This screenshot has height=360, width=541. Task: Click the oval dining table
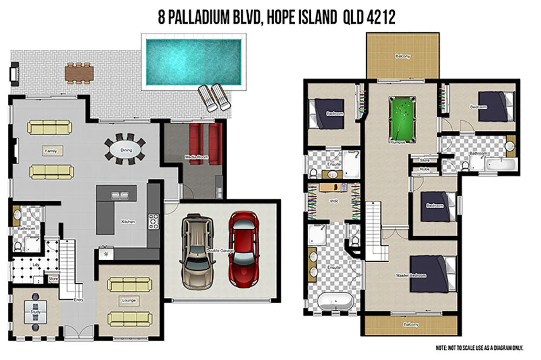tap(125, 149)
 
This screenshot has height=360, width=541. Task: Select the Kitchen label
tap(128, 222)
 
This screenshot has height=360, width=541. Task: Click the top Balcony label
tap(402, 56)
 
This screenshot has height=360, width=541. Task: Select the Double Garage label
tap(219, 250)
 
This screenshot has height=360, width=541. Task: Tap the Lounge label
tap(129, 300)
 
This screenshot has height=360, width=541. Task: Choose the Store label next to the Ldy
tap(53, 279)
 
